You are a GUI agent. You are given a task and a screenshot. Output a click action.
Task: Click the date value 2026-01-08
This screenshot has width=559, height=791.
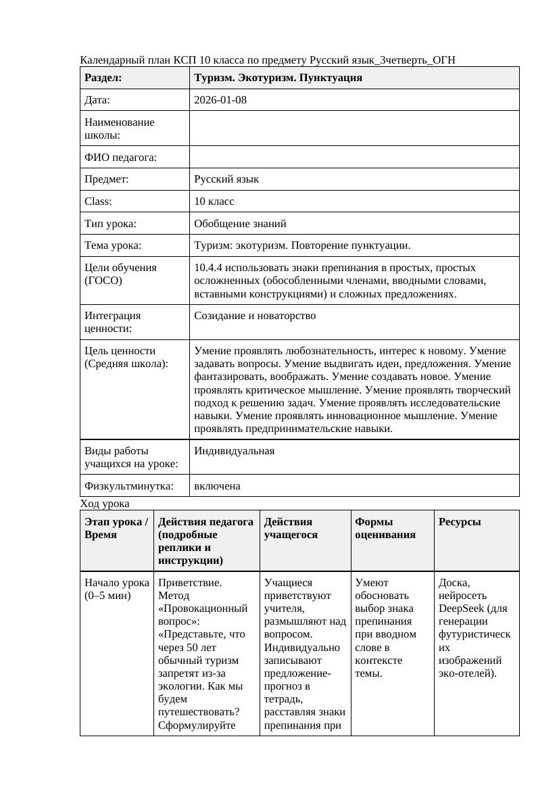(220, 100)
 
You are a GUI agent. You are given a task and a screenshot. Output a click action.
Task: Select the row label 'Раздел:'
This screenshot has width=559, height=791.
(103, 78)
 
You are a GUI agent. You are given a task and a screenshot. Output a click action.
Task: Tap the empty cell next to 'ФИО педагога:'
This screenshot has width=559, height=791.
(354, 158)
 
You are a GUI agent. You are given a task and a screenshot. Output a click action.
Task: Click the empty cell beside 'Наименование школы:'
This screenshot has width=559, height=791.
(354, 128)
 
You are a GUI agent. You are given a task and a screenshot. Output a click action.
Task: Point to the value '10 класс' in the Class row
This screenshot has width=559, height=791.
(214, 201)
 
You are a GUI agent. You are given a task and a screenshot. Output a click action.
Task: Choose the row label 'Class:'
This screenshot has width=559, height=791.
(98, 201)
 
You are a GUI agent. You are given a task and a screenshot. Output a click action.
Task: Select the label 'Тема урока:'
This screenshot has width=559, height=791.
(113, 245)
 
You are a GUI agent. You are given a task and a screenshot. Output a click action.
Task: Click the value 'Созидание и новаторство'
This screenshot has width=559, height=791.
(255, 316)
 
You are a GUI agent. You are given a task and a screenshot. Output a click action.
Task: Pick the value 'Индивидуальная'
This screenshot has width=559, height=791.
(234, 451)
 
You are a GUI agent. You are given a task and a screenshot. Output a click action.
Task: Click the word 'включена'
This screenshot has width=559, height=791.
(217, 486)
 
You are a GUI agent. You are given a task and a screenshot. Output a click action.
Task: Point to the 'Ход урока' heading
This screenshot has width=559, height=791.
(105, 504)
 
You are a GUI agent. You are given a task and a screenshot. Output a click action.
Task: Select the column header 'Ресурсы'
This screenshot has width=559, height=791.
(460, 522)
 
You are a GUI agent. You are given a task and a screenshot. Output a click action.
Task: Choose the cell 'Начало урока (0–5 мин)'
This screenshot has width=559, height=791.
(116, 589)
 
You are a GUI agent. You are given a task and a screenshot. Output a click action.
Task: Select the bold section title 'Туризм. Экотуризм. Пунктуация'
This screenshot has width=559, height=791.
(278, 78)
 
